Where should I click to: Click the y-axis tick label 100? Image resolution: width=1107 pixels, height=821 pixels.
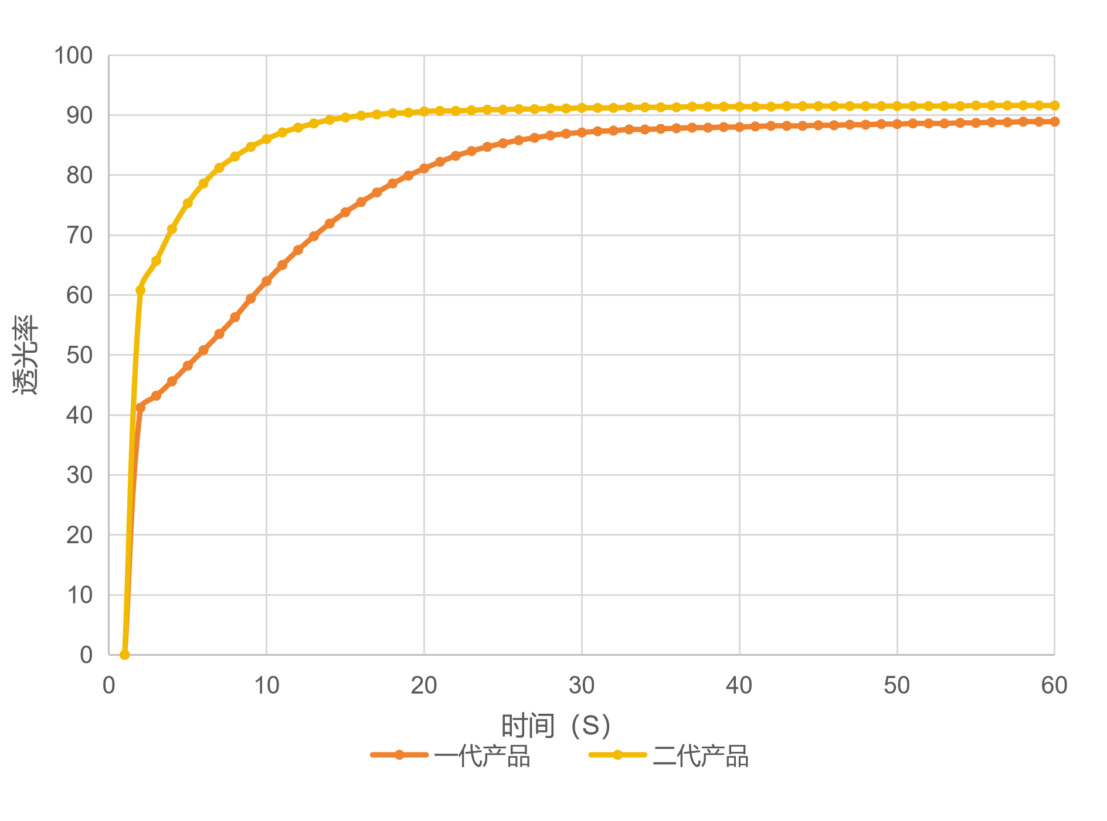click(73, 56)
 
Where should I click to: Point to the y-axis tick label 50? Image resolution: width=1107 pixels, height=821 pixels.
click(79, 355)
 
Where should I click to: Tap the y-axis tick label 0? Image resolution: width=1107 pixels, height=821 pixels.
click(86, 655)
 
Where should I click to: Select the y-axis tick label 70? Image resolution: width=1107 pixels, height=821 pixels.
click(79, 236)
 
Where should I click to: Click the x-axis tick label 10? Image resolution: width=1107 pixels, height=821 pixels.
click(266, 686)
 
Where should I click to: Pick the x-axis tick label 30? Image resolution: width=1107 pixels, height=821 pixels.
click(582, 686)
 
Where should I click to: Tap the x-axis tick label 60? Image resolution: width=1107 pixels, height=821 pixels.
click(1054, 686)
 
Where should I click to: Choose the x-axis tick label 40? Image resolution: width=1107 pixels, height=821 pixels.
click(739, 686)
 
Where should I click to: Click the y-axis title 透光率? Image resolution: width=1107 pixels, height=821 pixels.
click(26, 355)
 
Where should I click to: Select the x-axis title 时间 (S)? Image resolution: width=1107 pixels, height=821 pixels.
click(555, 726)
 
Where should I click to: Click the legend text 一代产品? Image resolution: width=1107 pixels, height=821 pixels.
click(482, 756)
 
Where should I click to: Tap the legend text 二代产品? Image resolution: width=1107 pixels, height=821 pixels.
click(701, 756)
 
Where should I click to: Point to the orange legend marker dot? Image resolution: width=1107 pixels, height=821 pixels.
click(399, 755)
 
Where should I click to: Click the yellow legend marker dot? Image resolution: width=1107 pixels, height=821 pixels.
click(618, 755)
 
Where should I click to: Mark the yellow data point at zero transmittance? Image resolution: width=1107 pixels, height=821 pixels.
click(124, 655)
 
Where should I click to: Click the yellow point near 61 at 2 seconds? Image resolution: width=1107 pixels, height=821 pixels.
click(140, 290)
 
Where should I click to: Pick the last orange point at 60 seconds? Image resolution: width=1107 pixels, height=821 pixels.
click(1054, 122)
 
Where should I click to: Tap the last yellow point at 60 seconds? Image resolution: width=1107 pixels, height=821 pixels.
click(1054, 105)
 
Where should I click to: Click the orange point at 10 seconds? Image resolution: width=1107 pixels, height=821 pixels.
click(266, 282)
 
